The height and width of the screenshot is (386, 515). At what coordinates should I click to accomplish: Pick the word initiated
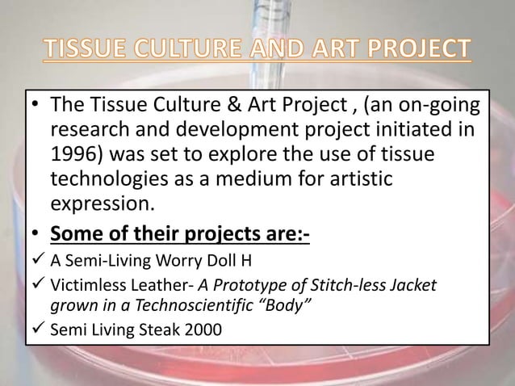point(419,131)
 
